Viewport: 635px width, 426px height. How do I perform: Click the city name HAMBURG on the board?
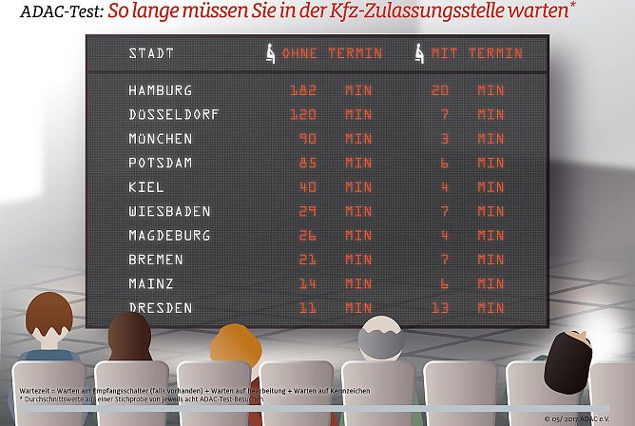tap(160, 90)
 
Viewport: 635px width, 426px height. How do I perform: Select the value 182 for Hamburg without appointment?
tap(303, 90)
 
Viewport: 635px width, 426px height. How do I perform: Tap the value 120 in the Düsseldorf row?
tap(303, 114)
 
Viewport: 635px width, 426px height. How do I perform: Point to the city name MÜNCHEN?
tap(160, 139)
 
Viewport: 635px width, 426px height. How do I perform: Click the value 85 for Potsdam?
tap(307, 163)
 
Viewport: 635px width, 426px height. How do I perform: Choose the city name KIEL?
tap(145, 187)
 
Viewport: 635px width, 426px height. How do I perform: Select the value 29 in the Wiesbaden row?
tap(307, 211)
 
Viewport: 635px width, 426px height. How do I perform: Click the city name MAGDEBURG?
tap(169, 235)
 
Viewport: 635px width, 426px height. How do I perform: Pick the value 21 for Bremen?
tap(307, 260)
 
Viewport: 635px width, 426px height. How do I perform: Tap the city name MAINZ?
tap(151, 283)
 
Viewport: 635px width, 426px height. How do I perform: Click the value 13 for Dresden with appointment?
tap(440, 307)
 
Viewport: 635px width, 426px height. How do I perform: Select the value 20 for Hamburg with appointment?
tap(440, 90)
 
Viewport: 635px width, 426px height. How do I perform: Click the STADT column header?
tap(151, 53)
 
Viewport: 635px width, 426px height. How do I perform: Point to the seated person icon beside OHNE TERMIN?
tap(270, 53)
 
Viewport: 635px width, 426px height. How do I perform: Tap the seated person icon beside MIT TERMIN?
tap(419, 53)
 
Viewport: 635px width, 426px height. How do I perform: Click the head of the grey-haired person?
tap(379, 339)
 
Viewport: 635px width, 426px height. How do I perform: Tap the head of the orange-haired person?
tap(231, 343)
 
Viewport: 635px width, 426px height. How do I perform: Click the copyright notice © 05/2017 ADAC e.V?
tap(586, 418)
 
